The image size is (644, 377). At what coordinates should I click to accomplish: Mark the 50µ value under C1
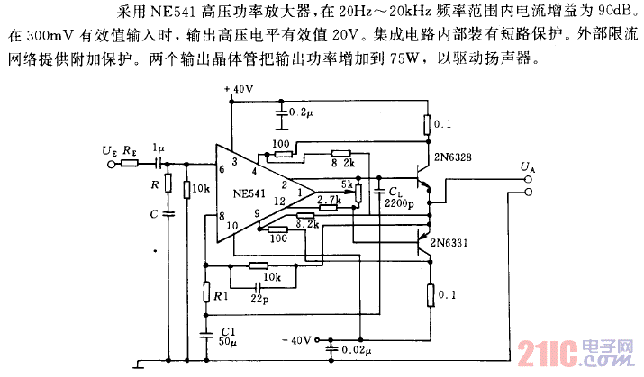point(226,342)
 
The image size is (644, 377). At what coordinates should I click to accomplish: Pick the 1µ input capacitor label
point(158,148)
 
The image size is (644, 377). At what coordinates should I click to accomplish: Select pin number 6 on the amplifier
point(222,169)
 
